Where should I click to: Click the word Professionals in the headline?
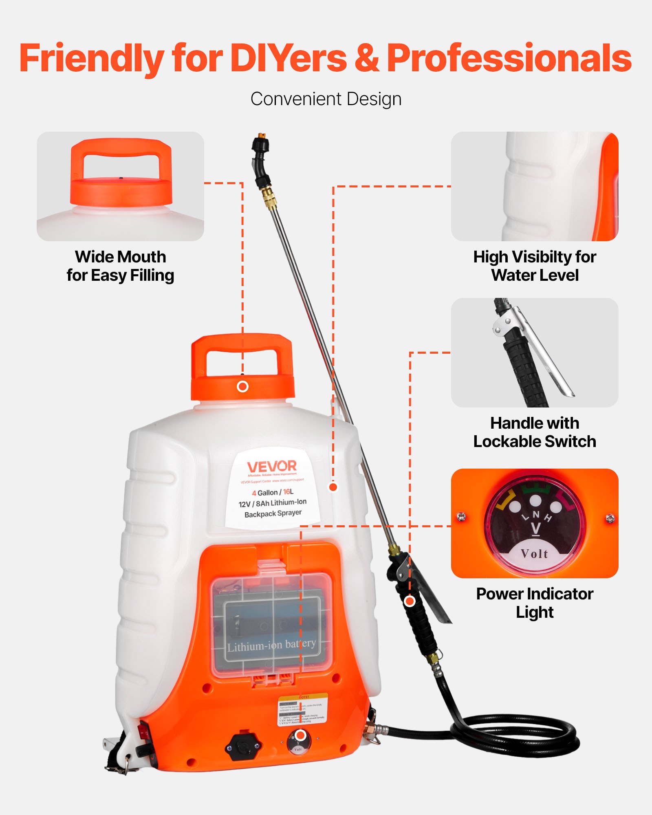(509, 58)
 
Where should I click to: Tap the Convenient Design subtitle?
(326, 99)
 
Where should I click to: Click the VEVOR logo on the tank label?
(272, 466)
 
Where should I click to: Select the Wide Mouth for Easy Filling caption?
(121, 266)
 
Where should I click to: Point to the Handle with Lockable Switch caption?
(535, 432)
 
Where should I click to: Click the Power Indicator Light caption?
(535, 603)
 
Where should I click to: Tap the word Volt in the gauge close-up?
(535, 554)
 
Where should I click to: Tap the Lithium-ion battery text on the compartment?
(271, 645)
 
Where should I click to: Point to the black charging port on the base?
(243, 747)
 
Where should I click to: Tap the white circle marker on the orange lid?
(242, 386)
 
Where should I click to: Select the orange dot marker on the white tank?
(333, 487)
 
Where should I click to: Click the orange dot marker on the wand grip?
(410, 601)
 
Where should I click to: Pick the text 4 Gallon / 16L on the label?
(273, 492)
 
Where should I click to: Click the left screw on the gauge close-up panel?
(461, 517)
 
